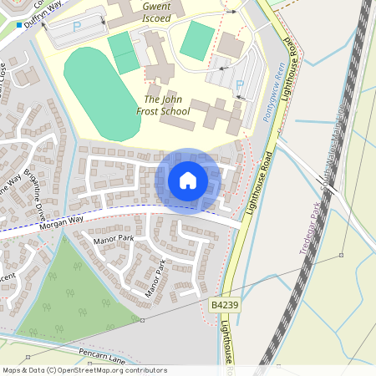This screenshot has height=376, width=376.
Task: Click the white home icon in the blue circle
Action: [x=188, y=180]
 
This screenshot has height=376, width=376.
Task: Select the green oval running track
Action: [x=102, y=94]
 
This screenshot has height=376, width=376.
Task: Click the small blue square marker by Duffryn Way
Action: [x=18, y=25]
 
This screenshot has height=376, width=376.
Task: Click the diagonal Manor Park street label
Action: [x=155, y=278]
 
